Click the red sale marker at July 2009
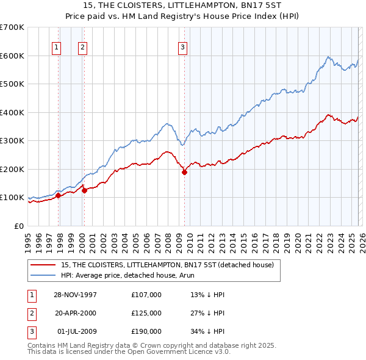(x=184, y=172)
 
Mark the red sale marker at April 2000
(x=85, y=190)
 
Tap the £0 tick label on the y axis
(x=18, y=226)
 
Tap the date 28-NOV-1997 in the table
(x=76, y=295)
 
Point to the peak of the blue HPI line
(x=328, y=57)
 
